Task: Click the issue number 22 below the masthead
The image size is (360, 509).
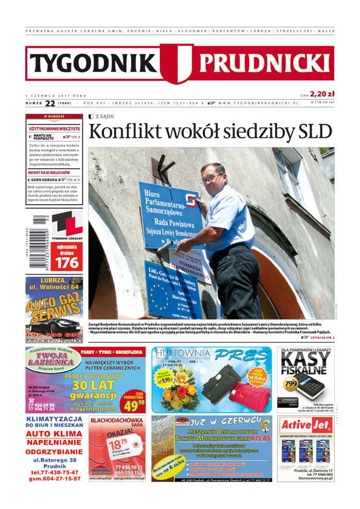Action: [50, 103]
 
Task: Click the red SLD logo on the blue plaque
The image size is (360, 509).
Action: [191, 200]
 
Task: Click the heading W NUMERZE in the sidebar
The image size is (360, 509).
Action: [54, 117]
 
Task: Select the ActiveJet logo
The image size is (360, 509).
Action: [305, 425]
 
